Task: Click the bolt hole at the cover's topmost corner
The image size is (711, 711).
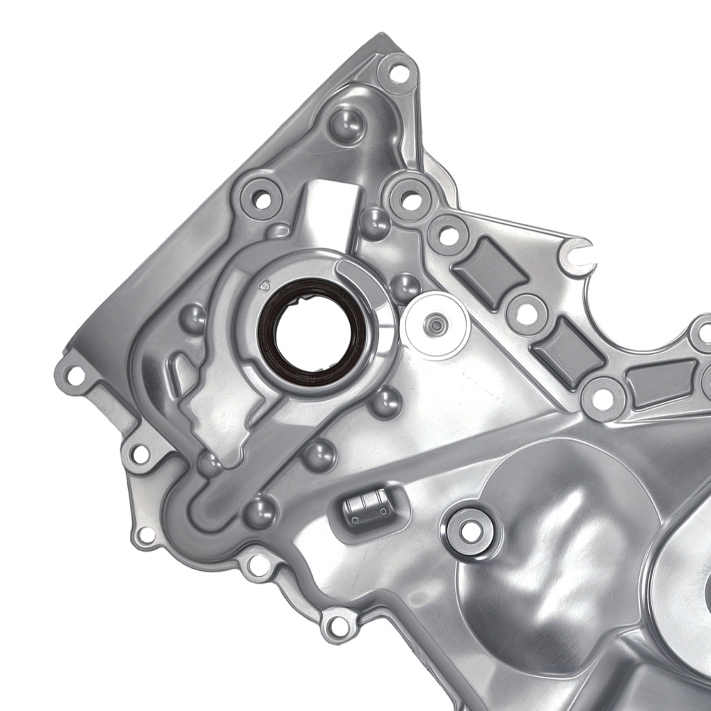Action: point(399,71)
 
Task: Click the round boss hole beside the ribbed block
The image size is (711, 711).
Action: point(468,530)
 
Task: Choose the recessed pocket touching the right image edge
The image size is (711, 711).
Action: point(661,383)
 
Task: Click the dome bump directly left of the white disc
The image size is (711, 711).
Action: point(405,287)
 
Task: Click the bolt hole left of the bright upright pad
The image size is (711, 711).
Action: point(260,198)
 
